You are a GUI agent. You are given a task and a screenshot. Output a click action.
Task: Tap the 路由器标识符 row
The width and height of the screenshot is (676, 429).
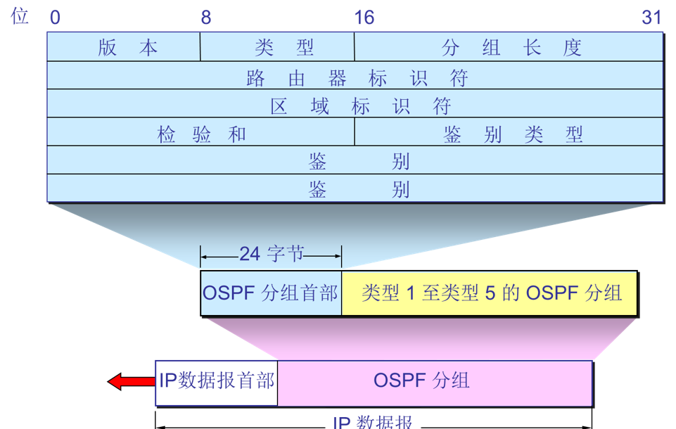(x=355, y=77)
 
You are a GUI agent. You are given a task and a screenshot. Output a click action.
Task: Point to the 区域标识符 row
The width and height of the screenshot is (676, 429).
(x=355, y=105)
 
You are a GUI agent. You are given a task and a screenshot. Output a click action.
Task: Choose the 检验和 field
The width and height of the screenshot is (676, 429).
(x=201, y=134)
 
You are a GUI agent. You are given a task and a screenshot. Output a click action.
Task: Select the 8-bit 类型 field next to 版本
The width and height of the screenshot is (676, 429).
(x=278, y=48)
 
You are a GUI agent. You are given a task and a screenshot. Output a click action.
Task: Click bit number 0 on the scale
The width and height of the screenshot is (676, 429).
(x=55, y=18)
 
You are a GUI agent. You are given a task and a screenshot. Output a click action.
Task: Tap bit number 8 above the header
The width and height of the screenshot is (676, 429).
(x=205, y=18)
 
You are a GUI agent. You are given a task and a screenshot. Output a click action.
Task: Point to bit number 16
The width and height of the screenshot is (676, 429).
(x=364, y=18)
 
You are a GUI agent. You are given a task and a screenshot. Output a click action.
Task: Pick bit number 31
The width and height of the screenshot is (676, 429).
(x=652, y=18)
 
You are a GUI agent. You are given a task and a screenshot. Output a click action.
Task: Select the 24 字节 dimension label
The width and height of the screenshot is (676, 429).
(x=271, y=254)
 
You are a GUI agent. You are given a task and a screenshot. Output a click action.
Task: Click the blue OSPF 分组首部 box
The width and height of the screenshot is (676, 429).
(x=271, y=293)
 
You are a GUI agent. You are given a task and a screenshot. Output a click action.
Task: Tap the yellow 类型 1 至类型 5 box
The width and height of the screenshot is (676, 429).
(x=490, y=293)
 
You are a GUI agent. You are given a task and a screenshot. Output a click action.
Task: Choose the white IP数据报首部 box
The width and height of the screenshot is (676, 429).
(x=217, y=381)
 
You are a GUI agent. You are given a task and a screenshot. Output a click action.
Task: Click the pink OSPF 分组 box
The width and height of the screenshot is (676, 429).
(x=435, y=381)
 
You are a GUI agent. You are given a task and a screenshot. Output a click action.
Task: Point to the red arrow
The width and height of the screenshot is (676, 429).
(x=131, y=382)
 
